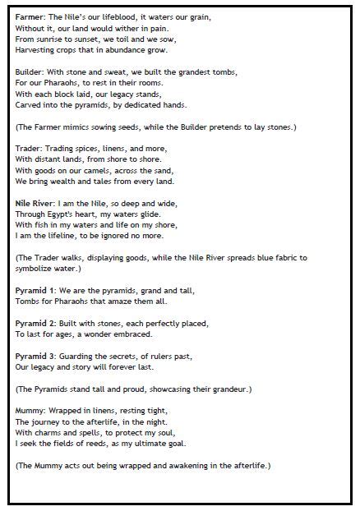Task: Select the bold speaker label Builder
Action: [29, 72]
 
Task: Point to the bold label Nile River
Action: [36, 202]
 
